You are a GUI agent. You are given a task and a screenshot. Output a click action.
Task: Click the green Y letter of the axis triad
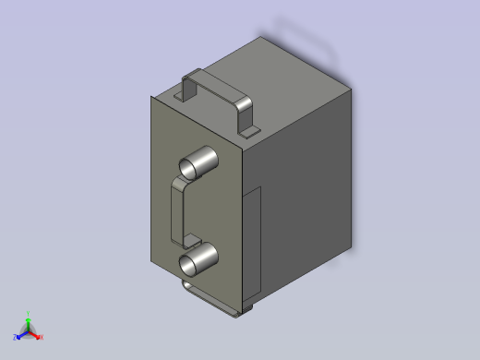[29, 314]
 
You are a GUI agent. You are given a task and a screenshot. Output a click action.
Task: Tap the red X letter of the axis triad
[42, 337]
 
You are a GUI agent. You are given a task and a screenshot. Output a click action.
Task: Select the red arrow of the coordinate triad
[35, 334]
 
